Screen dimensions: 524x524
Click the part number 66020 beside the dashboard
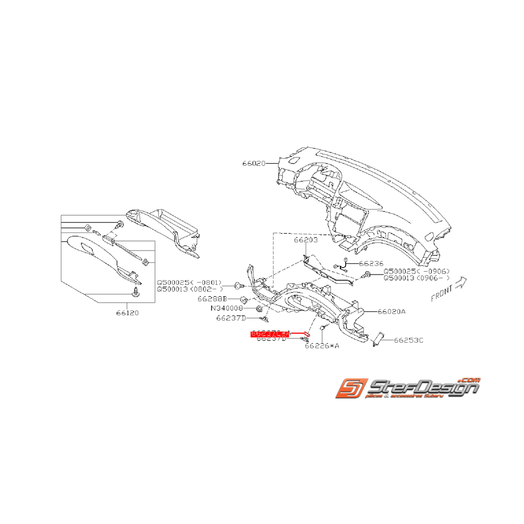pos(254,163)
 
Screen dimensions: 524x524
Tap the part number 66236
pos(371,263)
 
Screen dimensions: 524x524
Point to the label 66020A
pos(392,311)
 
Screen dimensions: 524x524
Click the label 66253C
pos(409,340)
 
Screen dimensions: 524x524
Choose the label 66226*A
pos(322,347)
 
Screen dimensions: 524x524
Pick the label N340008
pos(227,308)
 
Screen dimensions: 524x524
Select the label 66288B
pos(212,299)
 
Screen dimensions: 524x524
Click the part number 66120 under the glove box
pos(127,312)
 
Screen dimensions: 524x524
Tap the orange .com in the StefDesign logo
pos(469,381)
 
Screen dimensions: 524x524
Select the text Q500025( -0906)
pos(417,271)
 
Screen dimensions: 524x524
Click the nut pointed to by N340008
pos(259,309)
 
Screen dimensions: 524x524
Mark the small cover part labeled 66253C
pos(378,339)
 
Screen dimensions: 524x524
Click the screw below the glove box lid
pos(136,292)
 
